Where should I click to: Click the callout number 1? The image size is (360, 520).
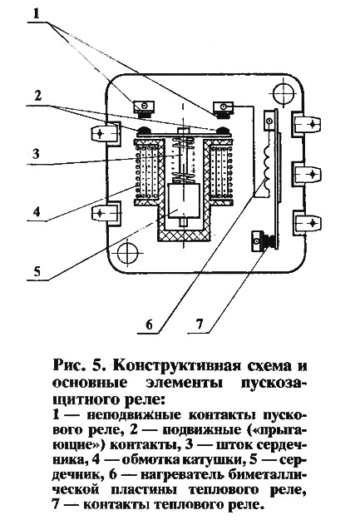(36, 14)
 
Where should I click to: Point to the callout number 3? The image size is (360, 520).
(36, 154)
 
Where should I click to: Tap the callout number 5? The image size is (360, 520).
(37, 271)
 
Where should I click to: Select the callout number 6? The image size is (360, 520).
(149, 324)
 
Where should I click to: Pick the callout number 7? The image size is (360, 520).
(200, 324)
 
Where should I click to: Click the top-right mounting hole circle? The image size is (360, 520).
(283, 93)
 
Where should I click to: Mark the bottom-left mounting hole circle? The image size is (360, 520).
(128, 253)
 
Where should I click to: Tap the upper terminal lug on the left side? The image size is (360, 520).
(105, 133)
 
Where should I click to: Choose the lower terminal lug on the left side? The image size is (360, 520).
(105, 214)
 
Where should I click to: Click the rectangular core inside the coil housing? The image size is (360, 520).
(184, 201)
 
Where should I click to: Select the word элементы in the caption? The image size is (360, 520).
(183, 383)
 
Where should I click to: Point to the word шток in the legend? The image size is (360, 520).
(234, 444)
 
